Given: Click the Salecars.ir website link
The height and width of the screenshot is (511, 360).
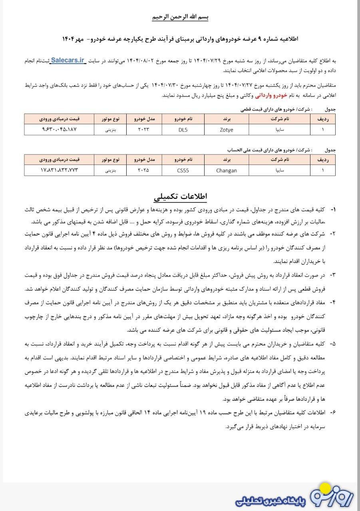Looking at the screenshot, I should tap(68, 60).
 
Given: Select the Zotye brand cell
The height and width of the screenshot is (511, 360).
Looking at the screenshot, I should tap(226, 130).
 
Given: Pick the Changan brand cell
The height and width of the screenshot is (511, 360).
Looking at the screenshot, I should tap(226, 170).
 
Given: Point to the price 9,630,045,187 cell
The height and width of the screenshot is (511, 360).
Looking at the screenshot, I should tap(59, 130).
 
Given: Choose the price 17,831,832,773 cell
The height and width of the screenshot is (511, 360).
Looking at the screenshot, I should tap(59, 170).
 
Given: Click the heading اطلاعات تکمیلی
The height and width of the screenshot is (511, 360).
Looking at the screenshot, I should tap(180, 197).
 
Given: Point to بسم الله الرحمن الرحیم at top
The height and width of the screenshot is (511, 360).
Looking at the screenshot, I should tap(180, 18).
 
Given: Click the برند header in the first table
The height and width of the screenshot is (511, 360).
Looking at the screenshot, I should tap(226, 119).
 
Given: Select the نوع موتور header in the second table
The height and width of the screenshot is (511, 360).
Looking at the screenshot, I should tap(110, 159).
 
